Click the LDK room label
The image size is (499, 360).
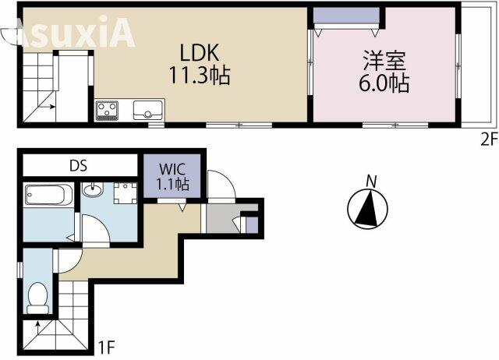coord(200,52)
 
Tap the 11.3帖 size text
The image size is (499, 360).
coord(200,75)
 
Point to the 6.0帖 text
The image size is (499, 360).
coord(384,83)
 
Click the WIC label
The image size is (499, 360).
coord(172,169)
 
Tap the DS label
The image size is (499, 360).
coord(78,166)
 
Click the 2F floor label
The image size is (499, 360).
coord(489,139)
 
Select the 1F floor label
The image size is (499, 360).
coord(106,348)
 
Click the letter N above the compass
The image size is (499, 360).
coord(371,182)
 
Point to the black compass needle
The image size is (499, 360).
coord(367,209)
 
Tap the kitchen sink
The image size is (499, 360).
coord(147,110)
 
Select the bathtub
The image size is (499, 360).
coord(49,194)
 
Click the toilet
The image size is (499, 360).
coord(38,298)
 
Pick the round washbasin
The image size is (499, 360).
coord(93,190)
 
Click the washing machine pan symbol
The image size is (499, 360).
coord(126,193)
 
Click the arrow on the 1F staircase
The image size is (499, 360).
coord(37,327)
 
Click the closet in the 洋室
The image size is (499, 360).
coord(346,15)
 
